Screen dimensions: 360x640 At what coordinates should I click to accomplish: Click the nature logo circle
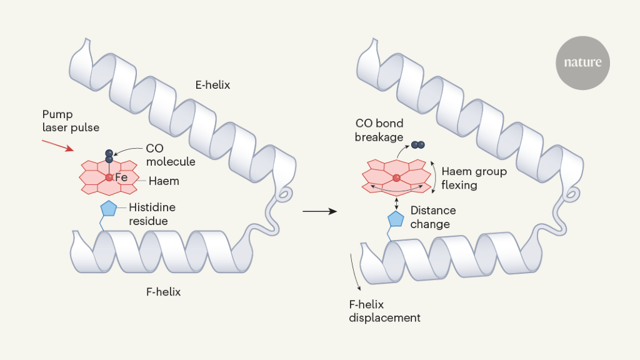582,62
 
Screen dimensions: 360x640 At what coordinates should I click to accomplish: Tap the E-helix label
212,85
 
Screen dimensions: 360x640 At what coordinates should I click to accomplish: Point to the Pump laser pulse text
71,121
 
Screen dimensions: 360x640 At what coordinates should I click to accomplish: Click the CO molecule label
171,156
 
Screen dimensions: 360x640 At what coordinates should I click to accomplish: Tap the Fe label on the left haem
121,177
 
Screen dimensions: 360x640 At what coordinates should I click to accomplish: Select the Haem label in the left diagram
164,181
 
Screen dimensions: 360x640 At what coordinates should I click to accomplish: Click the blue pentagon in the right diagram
396,219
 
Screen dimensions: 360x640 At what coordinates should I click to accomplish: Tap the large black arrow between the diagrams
319,212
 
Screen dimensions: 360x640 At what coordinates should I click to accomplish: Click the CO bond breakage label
379,129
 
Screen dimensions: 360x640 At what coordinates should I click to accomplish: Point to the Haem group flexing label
474,178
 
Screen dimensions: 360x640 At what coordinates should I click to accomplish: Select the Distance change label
433,217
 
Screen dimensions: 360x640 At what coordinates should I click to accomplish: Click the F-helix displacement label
384,311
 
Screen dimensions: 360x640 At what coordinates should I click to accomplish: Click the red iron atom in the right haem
396,179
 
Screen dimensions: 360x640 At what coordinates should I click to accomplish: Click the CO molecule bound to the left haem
109,156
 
